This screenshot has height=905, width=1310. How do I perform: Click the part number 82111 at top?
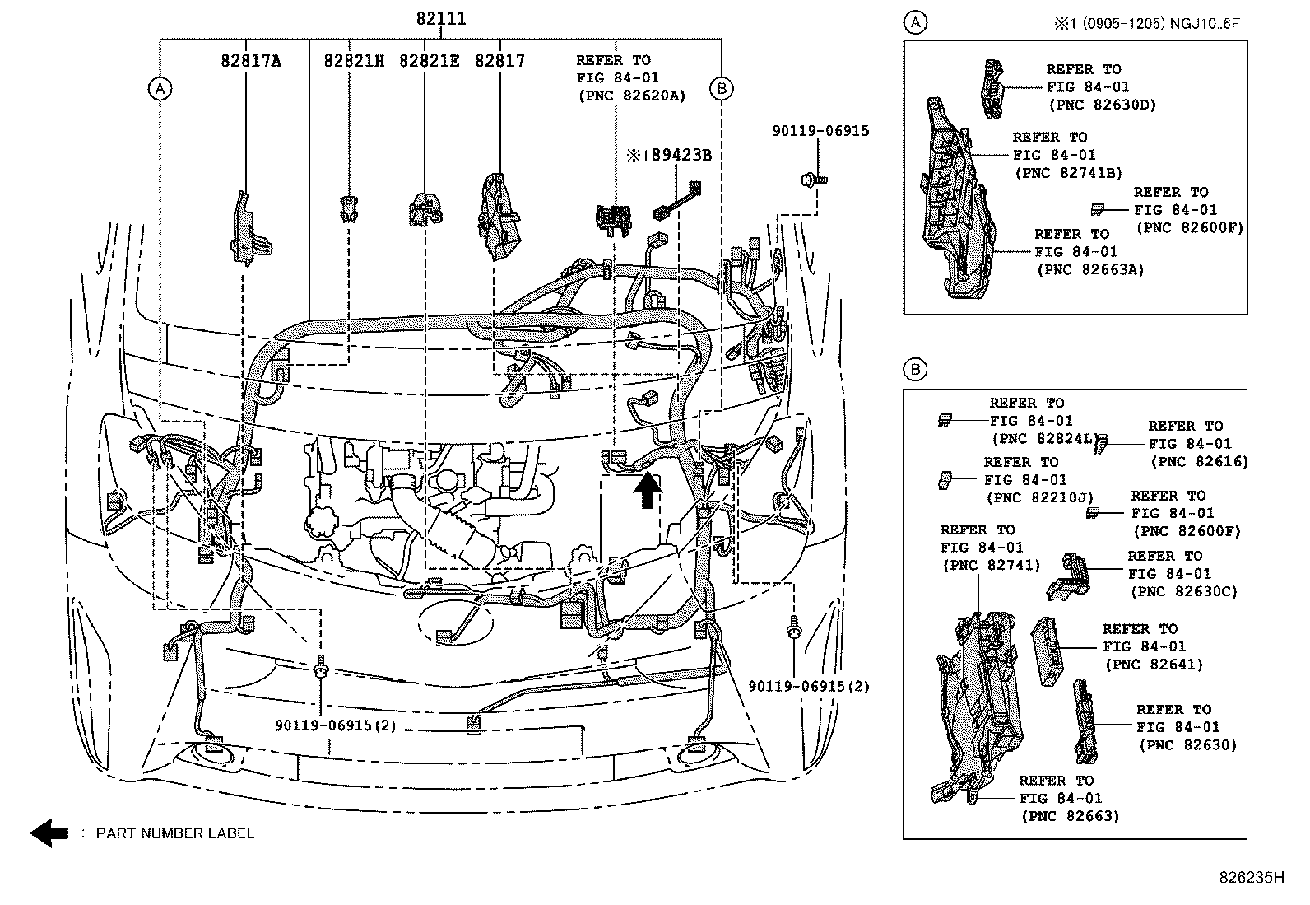click(x=440, y=19)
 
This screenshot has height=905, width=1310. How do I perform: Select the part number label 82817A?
click(x=251, y=61)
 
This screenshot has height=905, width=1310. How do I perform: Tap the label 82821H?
click(x=353, y=61)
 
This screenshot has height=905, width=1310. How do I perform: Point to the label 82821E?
click(x=429, y=61)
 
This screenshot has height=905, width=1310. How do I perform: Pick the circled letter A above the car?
click(x=160, y=88)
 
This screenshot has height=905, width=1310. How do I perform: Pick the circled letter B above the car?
click(x=721, y=88)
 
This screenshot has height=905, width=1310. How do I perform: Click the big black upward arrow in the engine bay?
click(x=648, y=492)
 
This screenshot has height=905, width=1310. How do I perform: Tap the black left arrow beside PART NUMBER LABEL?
click(x=49, y=833)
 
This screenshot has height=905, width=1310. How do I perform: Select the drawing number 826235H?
click(x=1251, y=878)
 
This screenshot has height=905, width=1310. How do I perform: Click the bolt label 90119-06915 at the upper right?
click(x=820, y=131)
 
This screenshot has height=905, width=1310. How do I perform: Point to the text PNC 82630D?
click(x=1103, y=105)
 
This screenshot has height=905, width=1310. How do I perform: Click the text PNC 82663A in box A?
click(x=1090, y=269)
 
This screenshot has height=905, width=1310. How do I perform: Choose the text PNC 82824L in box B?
click(x=1043, y=439)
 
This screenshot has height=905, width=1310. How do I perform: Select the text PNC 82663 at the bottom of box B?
click(x=1071, y=816)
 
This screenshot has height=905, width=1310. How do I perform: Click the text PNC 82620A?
click(x=631, y=96)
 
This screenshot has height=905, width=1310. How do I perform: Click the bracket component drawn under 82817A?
click(x=249, y=231)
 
